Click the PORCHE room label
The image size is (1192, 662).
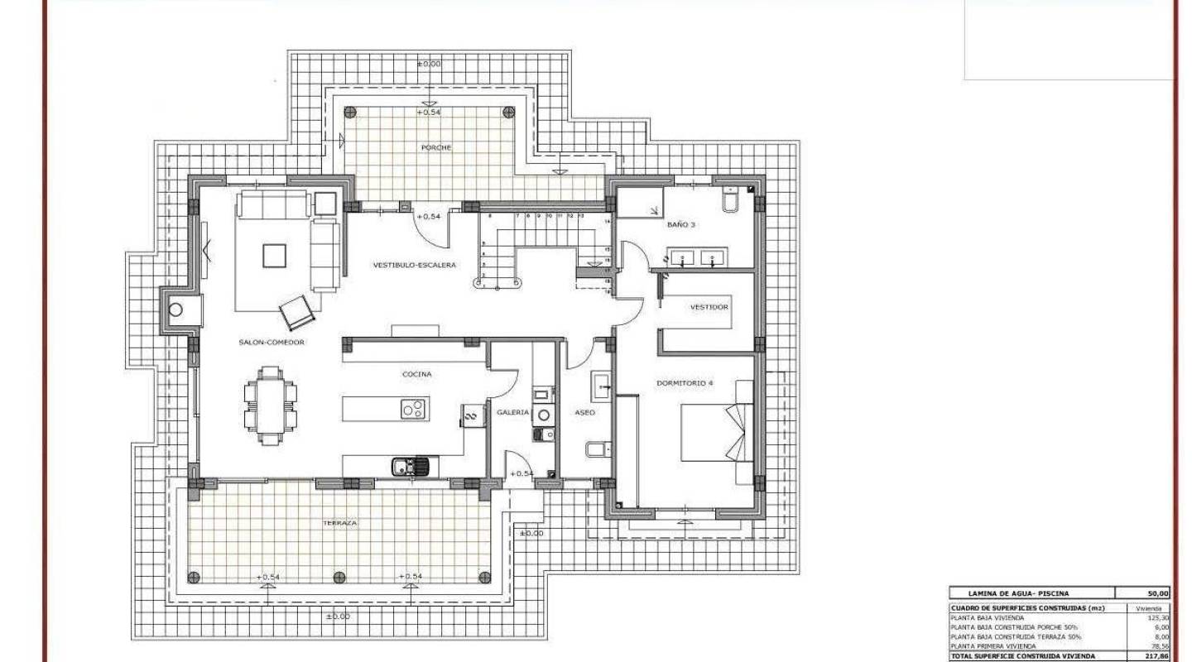[435, 147]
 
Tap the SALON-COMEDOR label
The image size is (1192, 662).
[272, 342]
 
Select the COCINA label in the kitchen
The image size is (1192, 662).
[416, 374]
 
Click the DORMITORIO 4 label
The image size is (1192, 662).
[685, 383]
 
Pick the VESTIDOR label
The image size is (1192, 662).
[709, 307]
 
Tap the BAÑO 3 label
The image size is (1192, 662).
[681, 224]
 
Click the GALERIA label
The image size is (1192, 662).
[512, 411]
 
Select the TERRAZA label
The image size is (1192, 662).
[340, 523]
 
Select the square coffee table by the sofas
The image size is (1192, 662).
[275, 256]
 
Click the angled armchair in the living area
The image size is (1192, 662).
[298, 312]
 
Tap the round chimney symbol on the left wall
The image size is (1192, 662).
[175, 310]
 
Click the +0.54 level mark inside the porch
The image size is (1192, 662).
[430, 111]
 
